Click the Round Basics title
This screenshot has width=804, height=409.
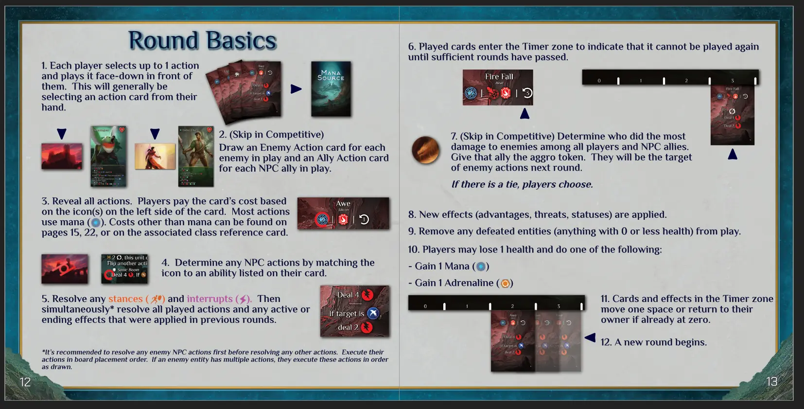(202, 41)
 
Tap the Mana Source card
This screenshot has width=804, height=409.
(331, 89)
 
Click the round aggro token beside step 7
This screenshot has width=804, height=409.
(425, 150)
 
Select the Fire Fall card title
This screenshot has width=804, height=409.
(499, 77)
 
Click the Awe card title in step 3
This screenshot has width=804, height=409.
(343, 204)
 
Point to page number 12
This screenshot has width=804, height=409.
(25, 382)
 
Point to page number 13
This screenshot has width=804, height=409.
(771, 382)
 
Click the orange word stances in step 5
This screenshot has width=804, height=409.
(125, 299)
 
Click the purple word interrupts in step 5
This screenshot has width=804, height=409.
(210, 299)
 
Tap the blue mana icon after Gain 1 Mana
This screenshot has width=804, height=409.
(481, 267)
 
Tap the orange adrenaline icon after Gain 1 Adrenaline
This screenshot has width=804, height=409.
(505, 284)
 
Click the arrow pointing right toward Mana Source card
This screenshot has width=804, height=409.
(296, 89)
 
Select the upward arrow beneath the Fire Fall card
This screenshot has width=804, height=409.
(524, 114)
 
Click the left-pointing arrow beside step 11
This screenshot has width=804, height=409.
(590, 338)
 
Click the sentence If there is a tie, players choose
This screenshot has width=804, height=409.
(522, 184)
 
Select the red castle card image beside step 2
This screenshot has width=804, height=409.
(62, 156)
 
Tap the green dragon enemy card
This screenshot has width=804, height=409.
(108, 156)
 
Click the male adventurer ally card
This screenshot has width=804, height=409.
(196, 156)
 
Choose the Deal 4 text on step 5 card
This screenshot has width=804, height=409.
(348, 295)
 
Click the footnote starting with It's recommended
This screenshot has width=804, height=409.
(215, 359)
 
